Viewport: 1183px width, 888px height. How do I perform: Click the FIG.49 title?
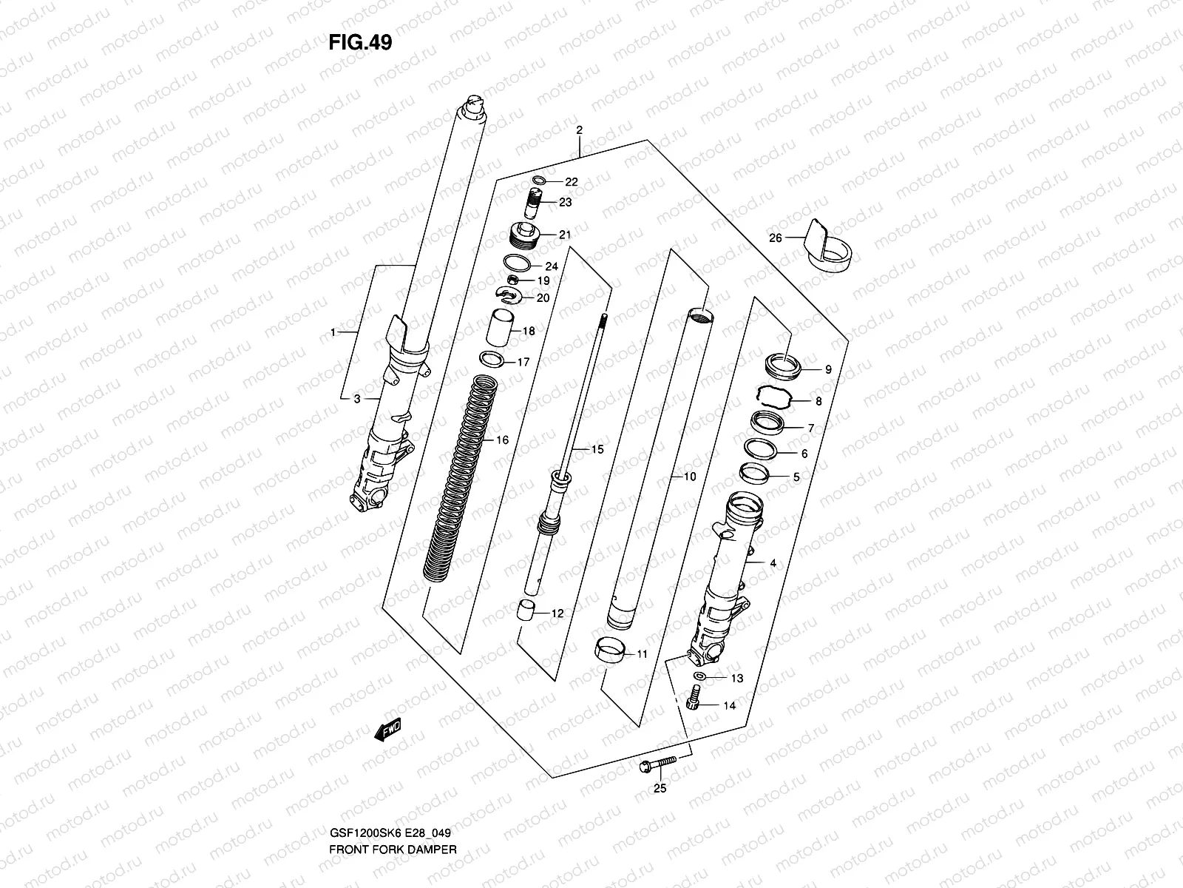click(360, 43)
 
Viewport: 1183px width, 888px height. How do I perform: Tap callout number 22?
click(572, 182)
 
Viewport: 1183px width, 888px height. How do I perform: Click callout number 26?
click(775, 238)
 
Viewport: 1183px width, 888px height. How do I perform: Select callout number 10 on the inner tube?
click(689, 477)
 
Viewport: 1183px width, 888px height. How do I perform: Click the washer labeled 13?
click(699, 677)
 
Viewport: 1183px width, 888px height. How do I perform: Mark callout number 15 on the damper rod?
click(597, 449)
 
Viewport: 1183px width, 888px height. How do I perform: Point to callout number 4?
click(773, 563)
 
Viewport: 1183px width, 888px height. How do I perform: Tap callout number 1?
click(333, 332)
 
